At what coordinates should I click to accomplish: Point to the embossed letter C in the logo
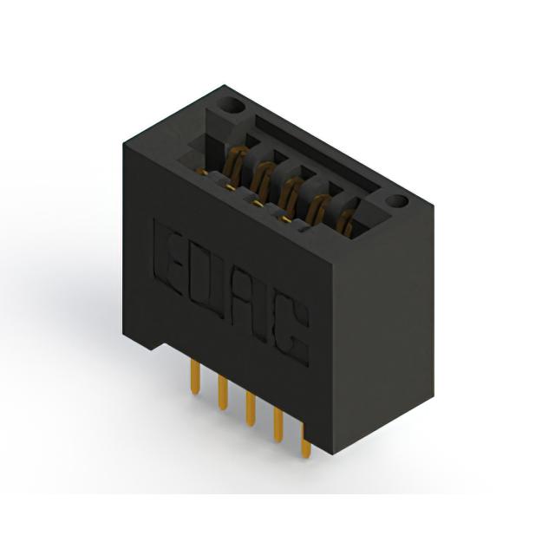point(291,331)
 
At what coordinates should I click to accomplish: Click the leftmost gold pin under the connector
point(195,376)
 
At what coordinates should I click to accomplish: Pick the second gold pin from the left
point(223,393)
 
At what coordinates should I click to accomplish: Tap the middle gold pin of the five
point(251,408)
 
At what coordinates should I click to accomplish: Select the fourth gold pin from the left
point(278,424)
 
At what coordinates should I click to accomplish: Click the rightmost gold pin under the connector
point(306,441)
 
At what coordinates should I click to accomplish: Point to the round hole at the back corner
point(232,105)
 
